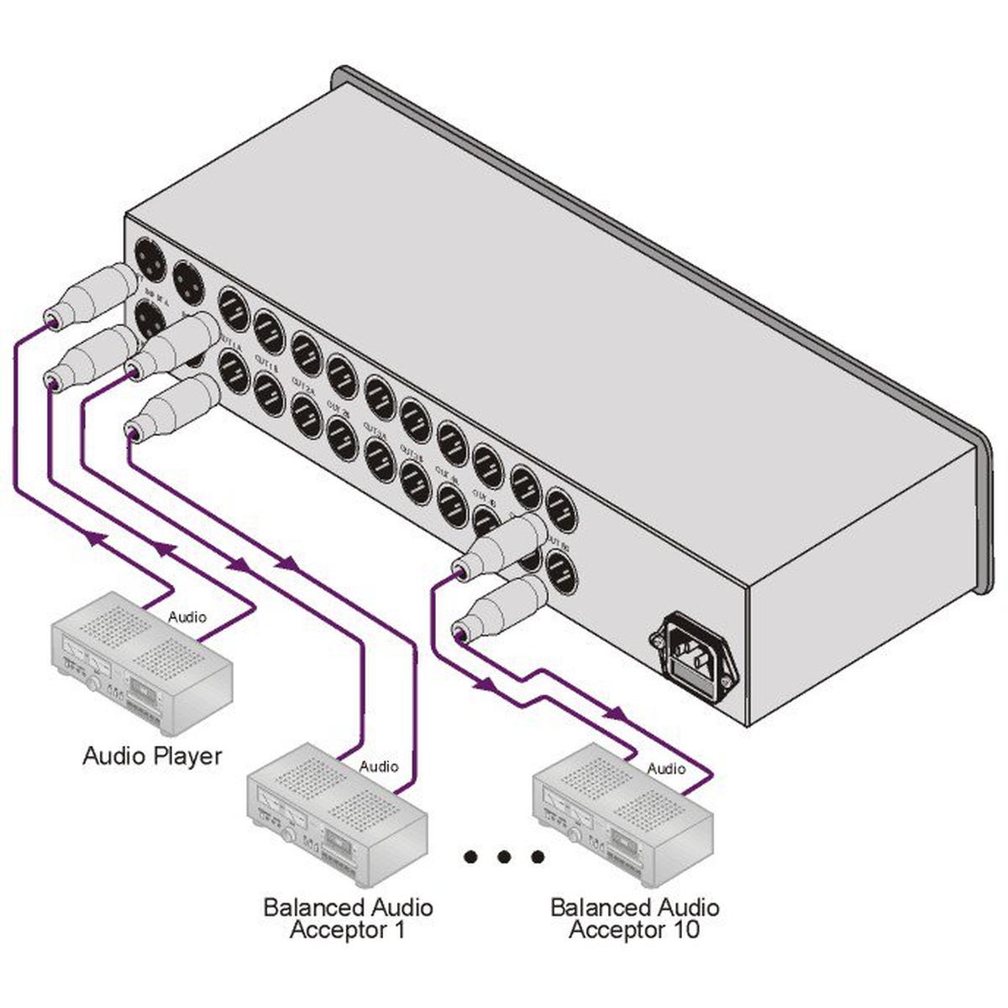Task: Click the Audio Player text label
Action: tap(152, 755)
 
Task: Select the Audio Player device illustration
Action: tap(142, 664)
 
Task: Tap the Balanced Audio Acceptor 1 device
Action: tap(336, 814)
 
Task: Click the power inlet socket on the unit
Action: tap(694, 656)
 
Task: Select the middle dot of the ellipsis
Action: tap(504, 857)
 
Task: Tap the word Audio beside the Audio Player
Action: tap(186, 617)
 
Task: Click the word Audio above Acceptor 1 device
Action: tap(378, 766)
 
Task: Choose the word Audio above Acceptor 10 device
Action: tap(666, 768)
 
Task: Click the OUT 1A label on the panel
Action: tap(230, 340)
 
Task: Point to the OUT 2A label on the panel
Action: tap(302, 382)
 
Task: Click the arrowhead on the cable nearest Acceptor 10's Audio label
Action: tap(616, 714)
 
